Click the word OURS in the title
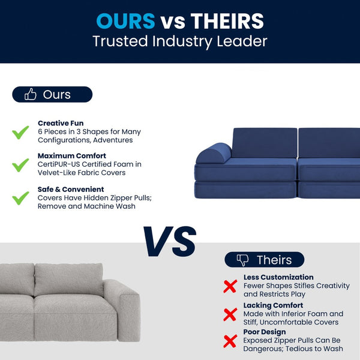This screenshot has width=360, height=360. [125, 21]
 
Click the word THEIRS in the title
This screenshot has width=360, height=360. [227, 21]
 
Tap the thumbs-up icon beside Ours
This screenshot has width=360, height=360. [30, 94]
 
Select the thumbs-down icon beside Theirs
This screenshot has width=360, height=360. [242, 260]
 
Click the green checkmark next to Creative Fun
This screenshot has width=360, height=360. [21, 132]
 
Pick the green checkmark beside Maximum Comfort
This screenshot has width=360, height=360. [21, 164]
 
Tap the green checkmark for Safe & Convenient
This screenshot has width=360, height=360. [21, 197]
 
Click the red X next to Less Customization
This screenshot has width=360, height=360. [230, 286]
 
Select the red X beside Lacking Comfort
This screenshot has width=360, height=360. [230, 314]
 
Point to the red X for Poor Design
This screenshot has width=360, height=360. [230, 341]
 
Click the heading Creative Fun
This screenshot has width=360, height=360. [61, 123]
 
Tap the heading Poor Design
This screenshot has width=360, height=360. [265, 332]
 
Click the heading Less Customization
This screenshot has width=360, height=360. [278, 277]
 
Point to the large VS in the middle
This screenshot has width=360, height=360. [170, 242]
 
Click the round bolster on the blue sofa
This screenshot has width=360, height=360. [213, 154]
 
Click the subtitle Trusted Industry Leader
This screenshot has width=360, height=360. [180, 42]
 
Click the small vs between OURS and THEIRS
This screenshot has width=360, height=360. [173, 22]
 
